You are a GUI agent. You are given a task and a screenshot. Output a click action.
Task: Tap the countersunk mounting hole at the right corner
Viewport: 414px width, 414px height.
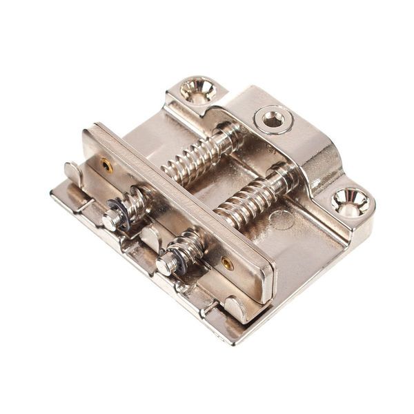(x=350, y=201)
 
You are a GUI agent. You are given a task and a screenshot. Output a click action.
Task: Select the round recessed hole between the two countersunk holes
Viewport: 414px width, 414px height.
(x=273, y=119)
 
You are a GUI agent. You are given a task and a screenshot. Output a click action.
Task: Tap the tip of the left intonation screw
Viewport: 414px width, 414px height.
(x=110, y=220)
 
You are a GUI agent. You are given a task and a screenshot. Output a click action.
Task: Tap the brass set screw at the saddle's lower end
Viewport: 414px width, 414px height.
(x=228, y=264)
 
